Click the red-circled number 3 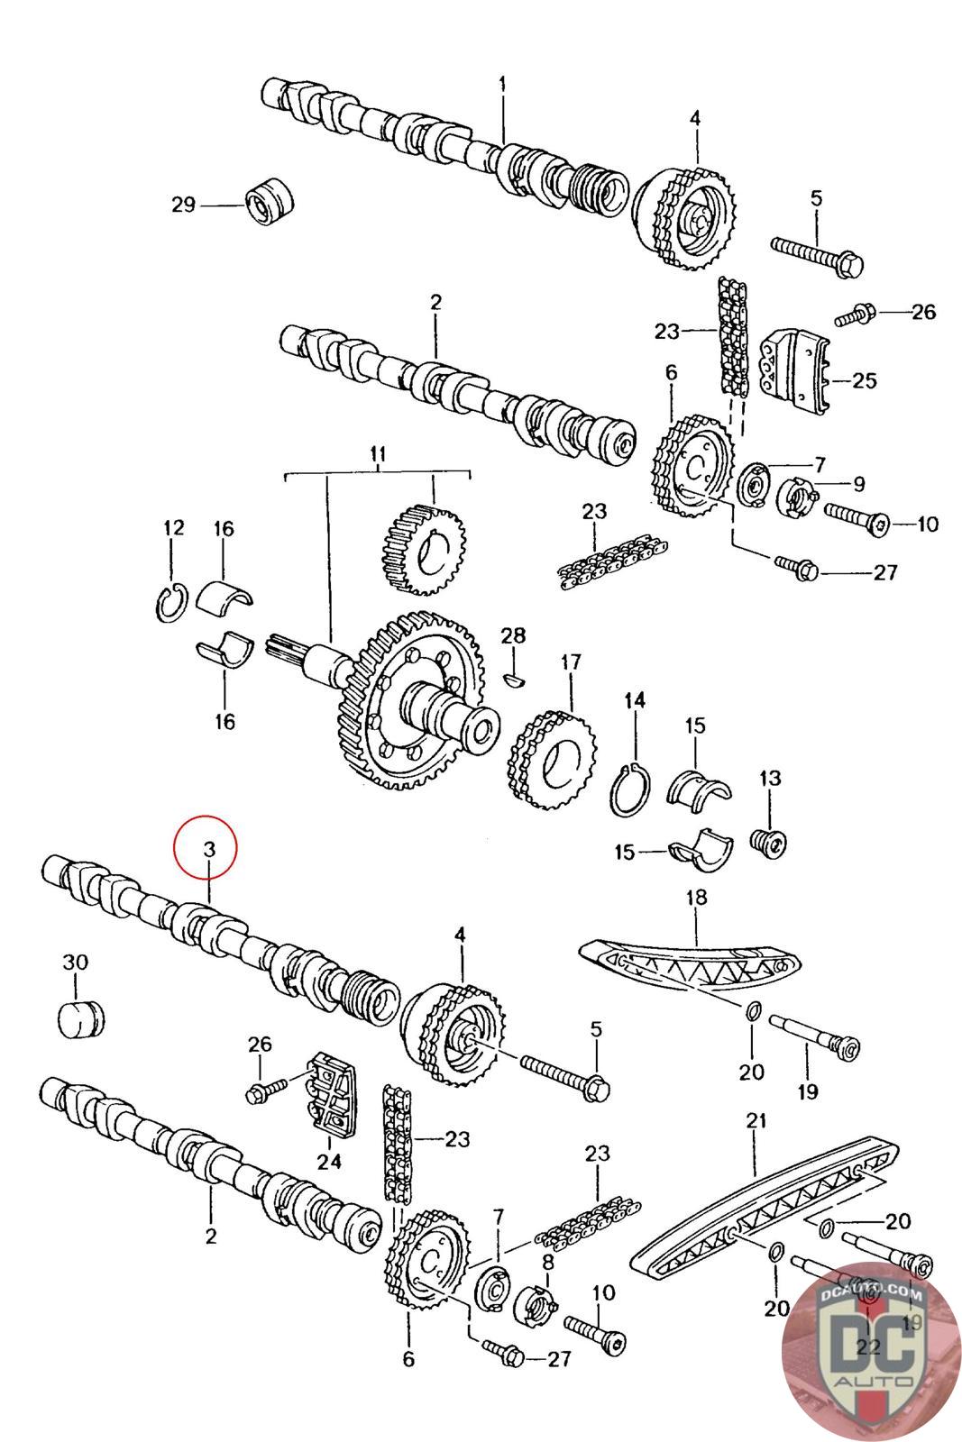coord(207,848)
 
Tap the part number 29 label coord(184,205)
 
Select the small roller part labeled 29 coord(269,202)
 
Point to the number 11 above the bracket coord(377,453)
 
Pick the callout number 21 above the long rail coord(756,1120)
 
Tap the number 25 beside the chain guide coord(864,380)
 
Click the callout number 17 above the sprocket coord(571,663)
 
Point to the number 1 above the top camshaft coord(502,84)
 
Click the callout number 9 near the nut coord(857,484)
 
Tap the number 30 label coord(75,962)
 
